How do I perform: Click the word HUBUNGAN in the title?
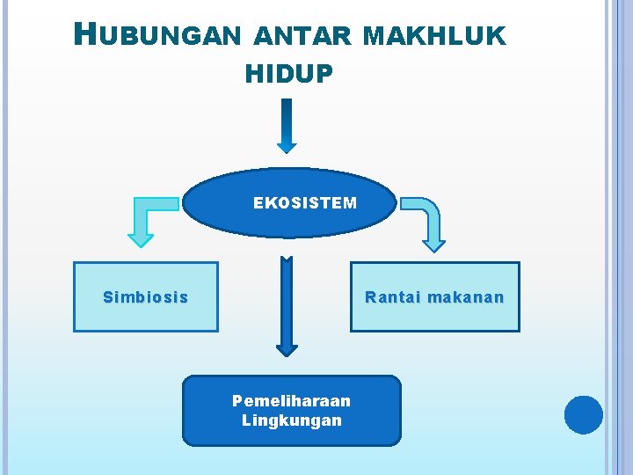click(157, 35)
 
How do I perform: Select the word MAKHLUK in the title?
click(433, 36)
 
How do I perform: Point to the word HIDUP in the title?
click(289, 75)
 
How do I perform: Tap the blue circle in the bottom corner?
click(583, 415)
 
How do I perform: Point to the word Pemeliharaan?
click(291, 401)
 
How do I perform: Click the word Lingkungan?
click(291, 420)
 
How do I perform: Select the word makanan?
click(466, 297)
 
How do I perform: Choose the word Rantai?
click(393, 297)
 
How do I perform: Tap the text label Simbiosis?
click(145, 297)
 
